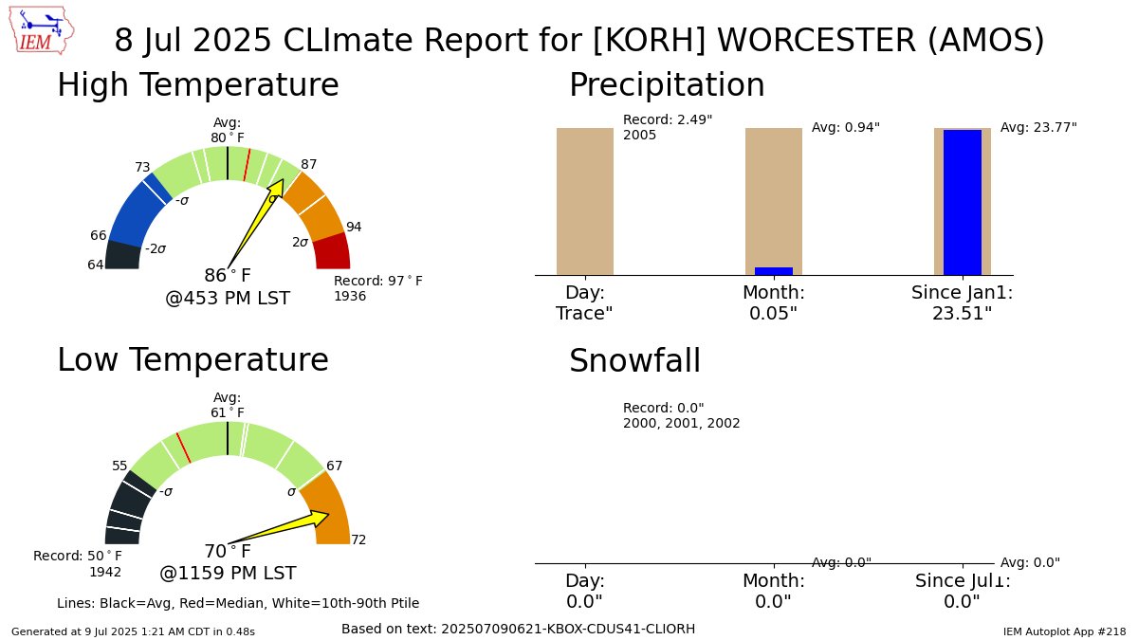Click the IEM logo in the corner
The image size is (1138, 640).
pyautogui.click(x=45, y=30)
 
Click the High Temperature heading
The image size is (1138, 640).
pyautogui.click(x=197, y=85)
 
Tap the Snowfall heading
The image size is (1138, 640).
pyautogui.click(x=634, y=361)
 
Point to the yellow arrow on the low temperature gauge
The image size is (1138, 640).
pyautogui.click(x=284, y=527)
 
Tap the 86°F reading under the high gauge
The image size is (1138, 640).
pyautogui.click(x=228, y=276)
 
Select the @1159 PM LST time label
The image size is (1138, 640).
pyautogui.click(x=228, y=574)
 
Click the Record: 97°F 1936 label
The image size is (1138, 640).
pyautogui.click(x=377, y=288)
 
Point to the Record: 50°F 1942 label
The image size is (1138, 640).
pyautogui.click(x=78, y=563)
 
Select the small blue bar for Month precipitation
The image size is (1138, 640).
pyautogui.click(x=773, y=271)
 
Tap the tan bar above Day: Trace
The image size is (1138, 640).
pyautogui.click(x=584, y=201)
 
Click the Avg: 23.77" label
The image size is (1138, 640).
pyautogui.click(x=1038, y=127)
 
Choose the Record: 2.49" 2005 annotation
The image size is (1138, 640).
pyautogui.click(x=668, y=127)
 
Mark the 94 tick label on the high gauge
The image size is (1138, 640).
pyautogui.click(x=354, y=227)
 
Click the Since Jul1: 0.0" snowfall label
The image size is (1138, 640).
pyautogui.click(x=962, y=591)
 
